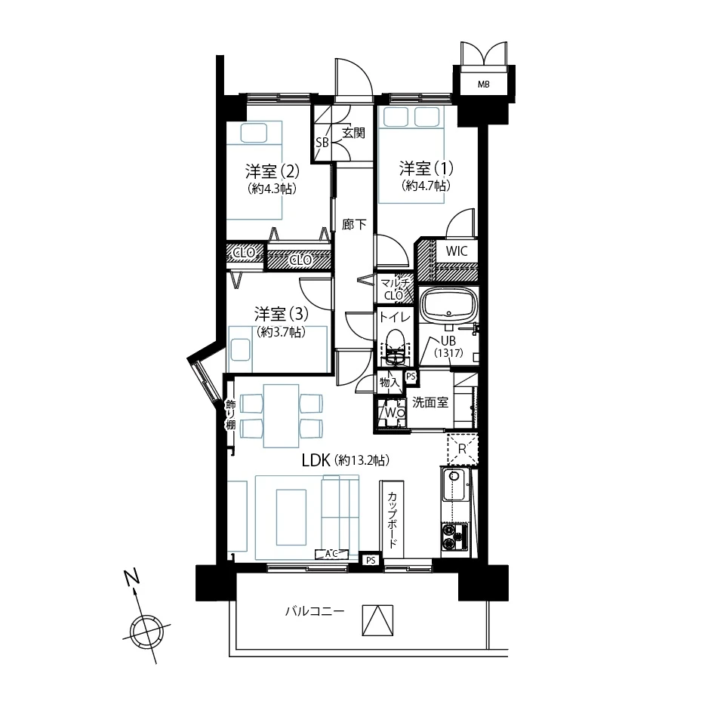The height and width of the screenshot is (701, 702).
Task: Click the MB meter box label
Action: tap(484, 85)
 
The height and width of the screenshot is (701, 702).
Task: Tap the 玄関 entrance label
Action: tap(354, 133)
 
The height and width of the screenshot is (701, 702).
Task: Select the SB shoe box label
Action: tap(322, 143)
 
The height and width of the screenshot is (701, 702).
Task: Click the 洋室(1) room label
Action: tap(426, 169)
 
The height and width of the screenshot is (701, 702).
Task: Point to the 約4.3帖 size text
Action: tap(272, 189)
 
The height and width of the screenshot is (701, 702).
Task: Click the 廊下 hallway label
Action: tap(354, 224)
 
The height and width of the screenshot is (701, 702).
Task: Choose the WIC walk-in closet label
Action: tap(456, 251)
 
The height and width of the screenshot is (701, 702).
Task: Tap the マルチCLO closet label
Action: tap(394, 289)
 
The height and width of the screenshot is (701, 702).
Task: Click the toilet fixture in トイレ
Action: tap(395, 346)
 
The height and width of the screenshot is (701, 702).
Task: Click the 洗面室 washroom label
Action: tap(430, 402)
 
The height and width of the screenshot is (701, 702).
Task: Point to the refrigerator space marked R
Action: tap(463, 449)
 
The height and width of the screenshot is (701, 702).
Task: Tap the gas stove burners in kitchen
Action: tap(454, 537)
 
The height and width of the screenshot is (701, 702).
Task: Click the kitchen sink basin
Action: tap(455, 484)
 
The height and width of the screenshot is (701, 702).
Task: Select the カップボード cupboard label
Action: tap(392, 520)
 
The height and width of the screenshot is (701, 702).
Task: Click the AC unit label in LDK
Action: tap(331, 554)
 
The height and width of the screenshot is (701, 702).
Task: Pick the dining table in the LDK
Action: tap(281, 416)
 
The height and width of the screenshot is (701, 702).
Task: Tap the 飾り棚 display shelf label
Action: tap(230, 414)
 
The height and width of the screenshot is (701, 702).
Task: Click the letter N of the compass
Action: tap(132, 577)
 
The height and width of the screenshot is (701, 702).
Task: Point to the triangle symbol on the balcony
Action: tap(377, 620)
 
